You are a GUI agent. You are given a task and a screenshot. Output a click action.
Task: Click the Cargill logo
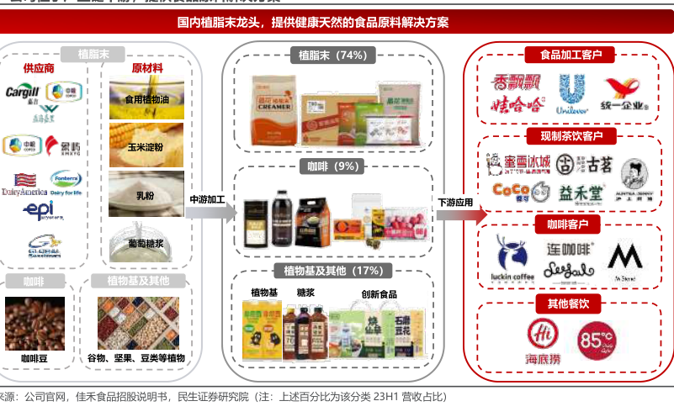(x=22, y=92)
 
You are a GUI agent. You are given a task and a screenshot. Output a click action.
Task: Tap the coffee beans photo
(x=35, y=323)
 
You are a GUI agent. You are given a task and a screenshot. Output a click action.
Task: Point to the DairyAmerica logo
(x=23, y=180)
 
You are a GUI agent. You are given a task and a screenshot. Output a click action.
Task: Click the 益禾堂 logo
(x=581, y=193)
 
